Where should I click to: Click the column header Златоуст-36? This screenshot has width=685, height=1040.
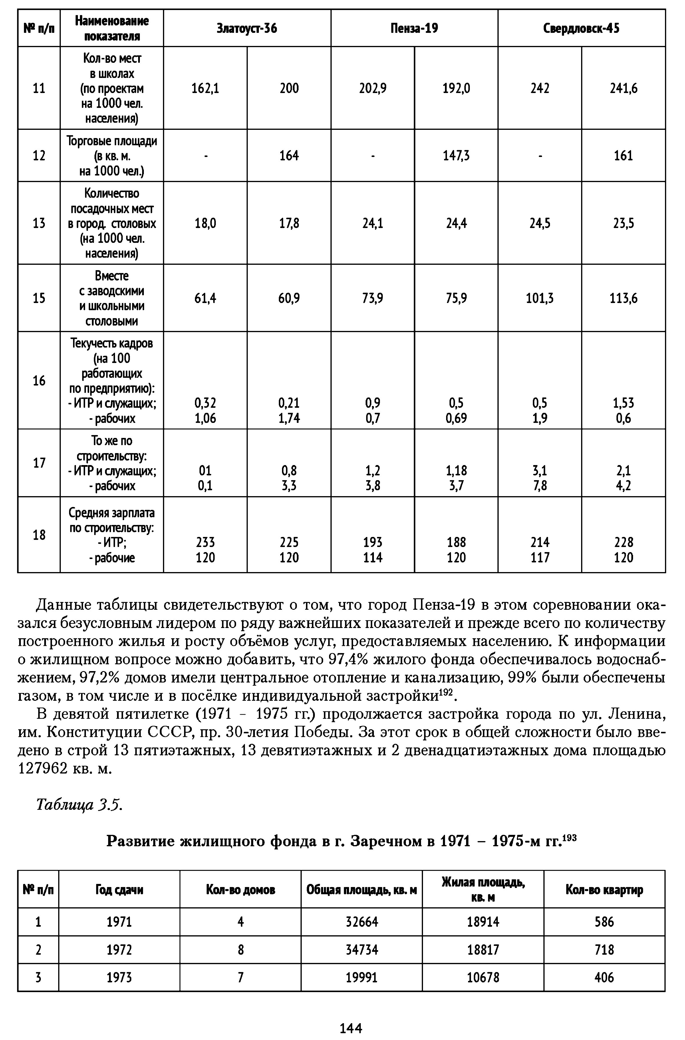[247, 29]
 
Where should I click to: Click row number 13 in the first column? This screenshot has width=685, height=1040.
[39, 223]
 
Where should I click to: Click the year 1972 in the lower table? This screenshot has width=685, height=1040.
[119, 950]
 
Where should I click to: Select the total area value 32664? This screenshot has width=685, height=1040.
[362, 922]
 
